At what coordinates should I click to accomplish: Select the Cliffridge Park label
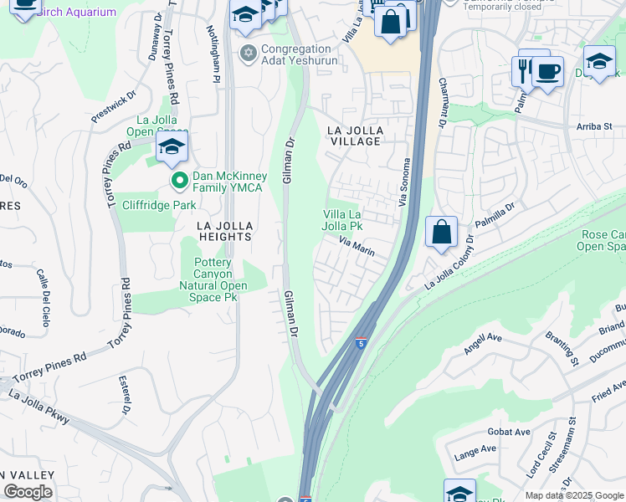(x=159, y=205)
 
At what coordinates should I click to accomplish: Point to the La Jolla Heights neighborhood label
(x=223, y=232)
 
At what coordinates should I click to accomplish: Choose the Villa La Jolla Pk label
(x=343, y=220)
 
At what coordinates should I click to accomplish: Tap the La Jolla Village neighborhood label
(x=355, y=136)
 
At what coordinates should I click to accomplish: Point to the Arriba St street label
(x=594, y=127)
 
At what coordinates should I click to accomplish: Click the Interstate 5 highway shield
(x=360, y=343)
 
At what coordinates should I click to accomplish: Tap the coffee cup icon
(x=547, y=72)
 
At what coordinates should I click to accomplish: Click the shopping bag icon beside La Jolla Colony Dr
(x=441, y=232)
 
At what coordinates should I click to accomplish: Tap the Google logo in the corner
(x=28, y=492)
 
